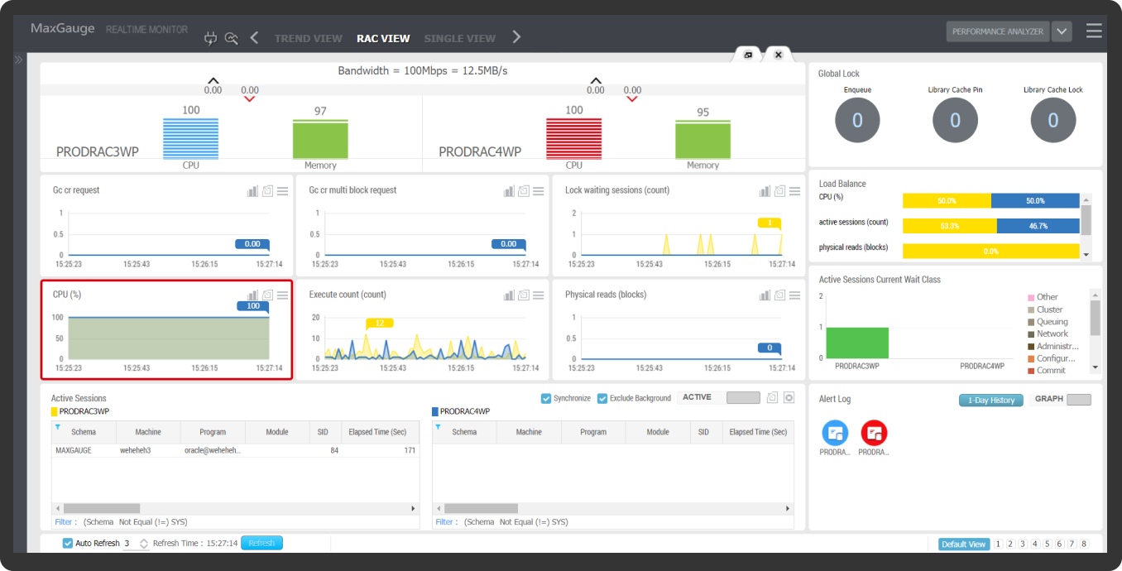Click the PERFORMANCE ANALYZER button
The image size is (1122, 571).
pyautogui.click(x=998, y=31)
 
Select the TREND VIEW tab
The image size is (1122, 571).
pyautogui.click(x=308, y=38)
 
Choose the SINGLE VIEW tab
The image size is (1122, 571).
pyautogui.click(x=459, y=38)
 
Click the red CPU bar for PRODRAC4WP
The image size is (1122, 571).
pyautogui.click(x=573, y=138)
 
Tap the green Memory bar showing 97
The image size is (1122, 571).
pyautogui.click(x=320, y=139)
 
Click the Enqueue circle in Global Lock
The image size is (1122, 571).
pyautogui.click(x=857, y=120)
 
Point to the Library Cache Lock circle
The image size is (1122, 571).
pyautogui.click(x=1052, y=120)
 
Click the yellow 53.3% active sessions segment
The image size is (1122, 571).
pyautogui.click(x=949, y=226)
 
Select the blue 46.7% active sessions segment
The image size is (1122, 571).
pyautogui.click(x=1038, y=226)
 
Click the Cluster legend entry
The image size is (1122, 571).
pyautogui.click(x=1049, y=309)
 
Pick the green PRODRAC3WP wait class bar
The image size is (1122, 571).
pyautogui.click(x=856, y=343)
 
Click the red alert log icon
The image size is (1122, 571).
pyautogui.click(x=874, y=433)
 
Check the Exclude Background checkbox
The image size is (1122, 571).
pyautogui.click(x=602, y=398)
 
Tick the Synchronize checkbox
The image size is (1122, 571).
pyautogui.click(x=546, y=398)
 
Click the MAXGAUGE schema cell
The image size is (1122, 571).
pyautogui.click(x=73, y=450)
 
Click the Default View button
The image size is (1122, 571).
pyautogui.click(x=964, y=544)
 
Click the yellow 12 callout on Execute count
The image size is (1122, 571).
pyautogui.click(x=379, y=323)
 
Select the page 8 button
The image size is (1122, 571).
pyautogui.click(x=1084, y=544)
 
